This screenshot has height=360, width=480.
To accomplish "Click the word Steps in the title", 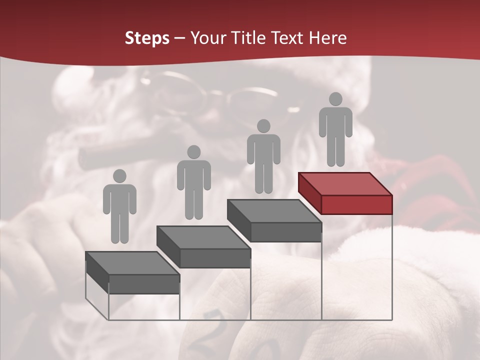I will pyautogui.click(x=147, y=38).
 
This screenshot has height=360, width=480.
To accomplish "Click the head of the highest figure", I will pyautogui.click(x=335, y=99).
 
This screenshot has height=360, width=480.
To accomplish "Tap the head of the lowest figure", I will pyautogui.click(x=119, y=176).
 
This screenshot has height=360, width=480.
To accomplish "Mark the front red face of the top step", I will pyautogui.click(x=356, y=204).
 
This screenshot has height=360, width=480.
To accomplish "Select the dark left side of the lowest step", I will pyautogui.click(x=97, y=273).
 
